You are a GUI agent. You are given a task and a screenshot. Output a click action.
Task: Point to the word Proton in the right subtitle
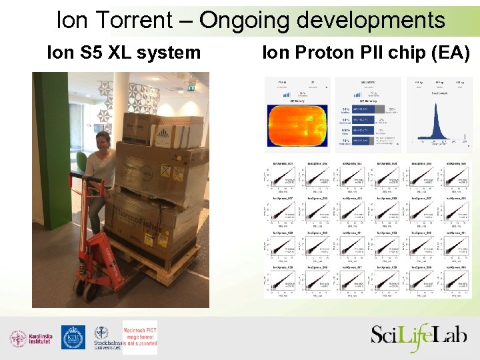point(323,52)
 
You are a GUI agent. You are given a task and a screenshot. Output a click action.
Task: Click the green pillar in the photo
point(47,153)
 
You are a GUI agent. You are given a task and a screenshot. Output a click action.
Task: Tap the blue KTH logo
point(73,337)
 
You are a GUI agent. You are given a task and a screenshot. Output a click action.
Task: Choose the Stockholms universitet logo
point(103,338)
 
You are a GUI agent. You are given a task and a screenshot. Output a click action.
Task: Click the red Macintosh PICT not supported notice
point(140,337)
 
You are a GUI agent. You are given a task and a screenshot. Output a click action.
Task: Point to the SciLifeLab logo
point(418,335)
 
